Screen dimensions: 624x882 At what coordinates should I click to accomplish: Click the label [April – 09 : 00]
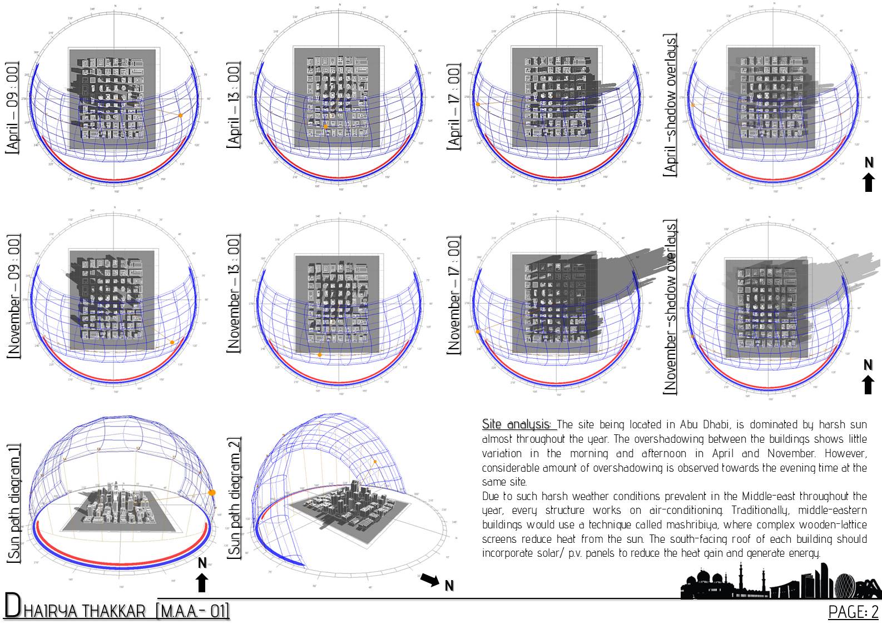(12, 108)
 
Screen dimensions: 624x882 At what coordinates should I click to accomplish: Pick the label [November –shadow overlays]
(670, 307)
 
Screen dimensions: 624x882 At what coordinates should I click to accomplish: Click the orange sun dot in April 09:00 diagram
(180, 115)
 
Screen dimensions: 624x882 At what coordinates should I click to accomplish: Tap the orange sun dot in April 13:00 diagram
(325, 127)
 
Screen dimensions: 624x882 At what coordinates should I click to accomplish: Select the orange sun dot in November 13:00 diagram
(319, 354)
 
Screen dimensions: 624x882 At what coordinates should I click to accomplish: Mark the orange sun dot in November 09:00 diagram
(172, 343)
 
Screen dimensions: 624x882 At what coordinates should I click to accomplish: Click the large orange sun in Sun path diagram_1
(211, 493)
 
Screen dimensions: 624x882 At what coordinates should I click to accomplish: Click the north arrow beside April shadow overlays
(869, 175)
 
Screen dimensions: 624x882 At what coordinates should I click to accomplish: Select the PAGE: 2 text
(853, 612)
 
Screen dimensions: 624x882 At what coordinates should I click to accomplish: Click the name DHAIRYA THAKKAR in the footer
(75, 610)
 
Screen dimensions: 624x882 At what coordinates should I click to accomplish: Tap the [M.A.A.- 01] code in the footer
(193, 611)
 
